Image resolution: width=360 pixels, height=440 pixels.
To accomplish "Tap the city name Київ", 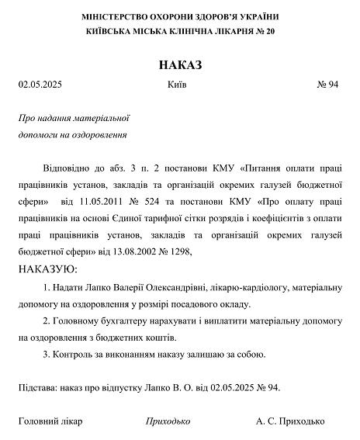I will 177,85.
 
